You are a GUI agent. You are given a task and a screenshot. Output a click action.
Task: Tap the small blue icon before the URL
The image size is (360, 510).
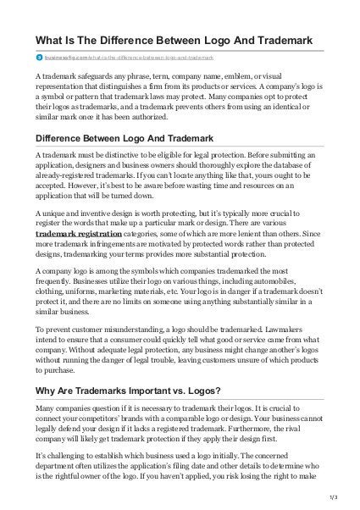coord(38,58)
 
